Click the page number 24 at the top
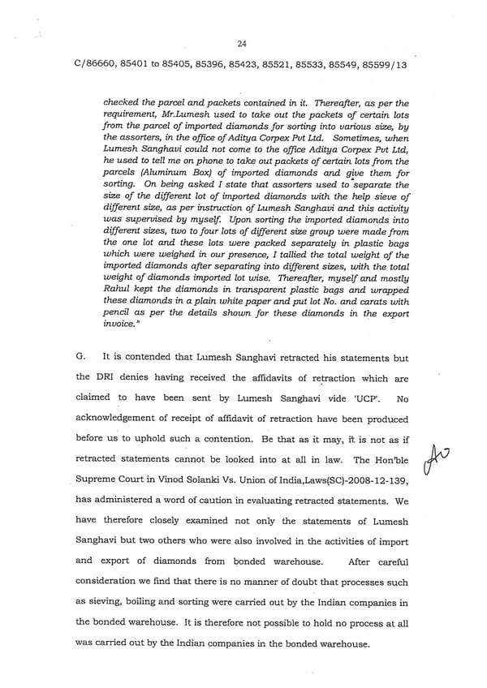(242, 45)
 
